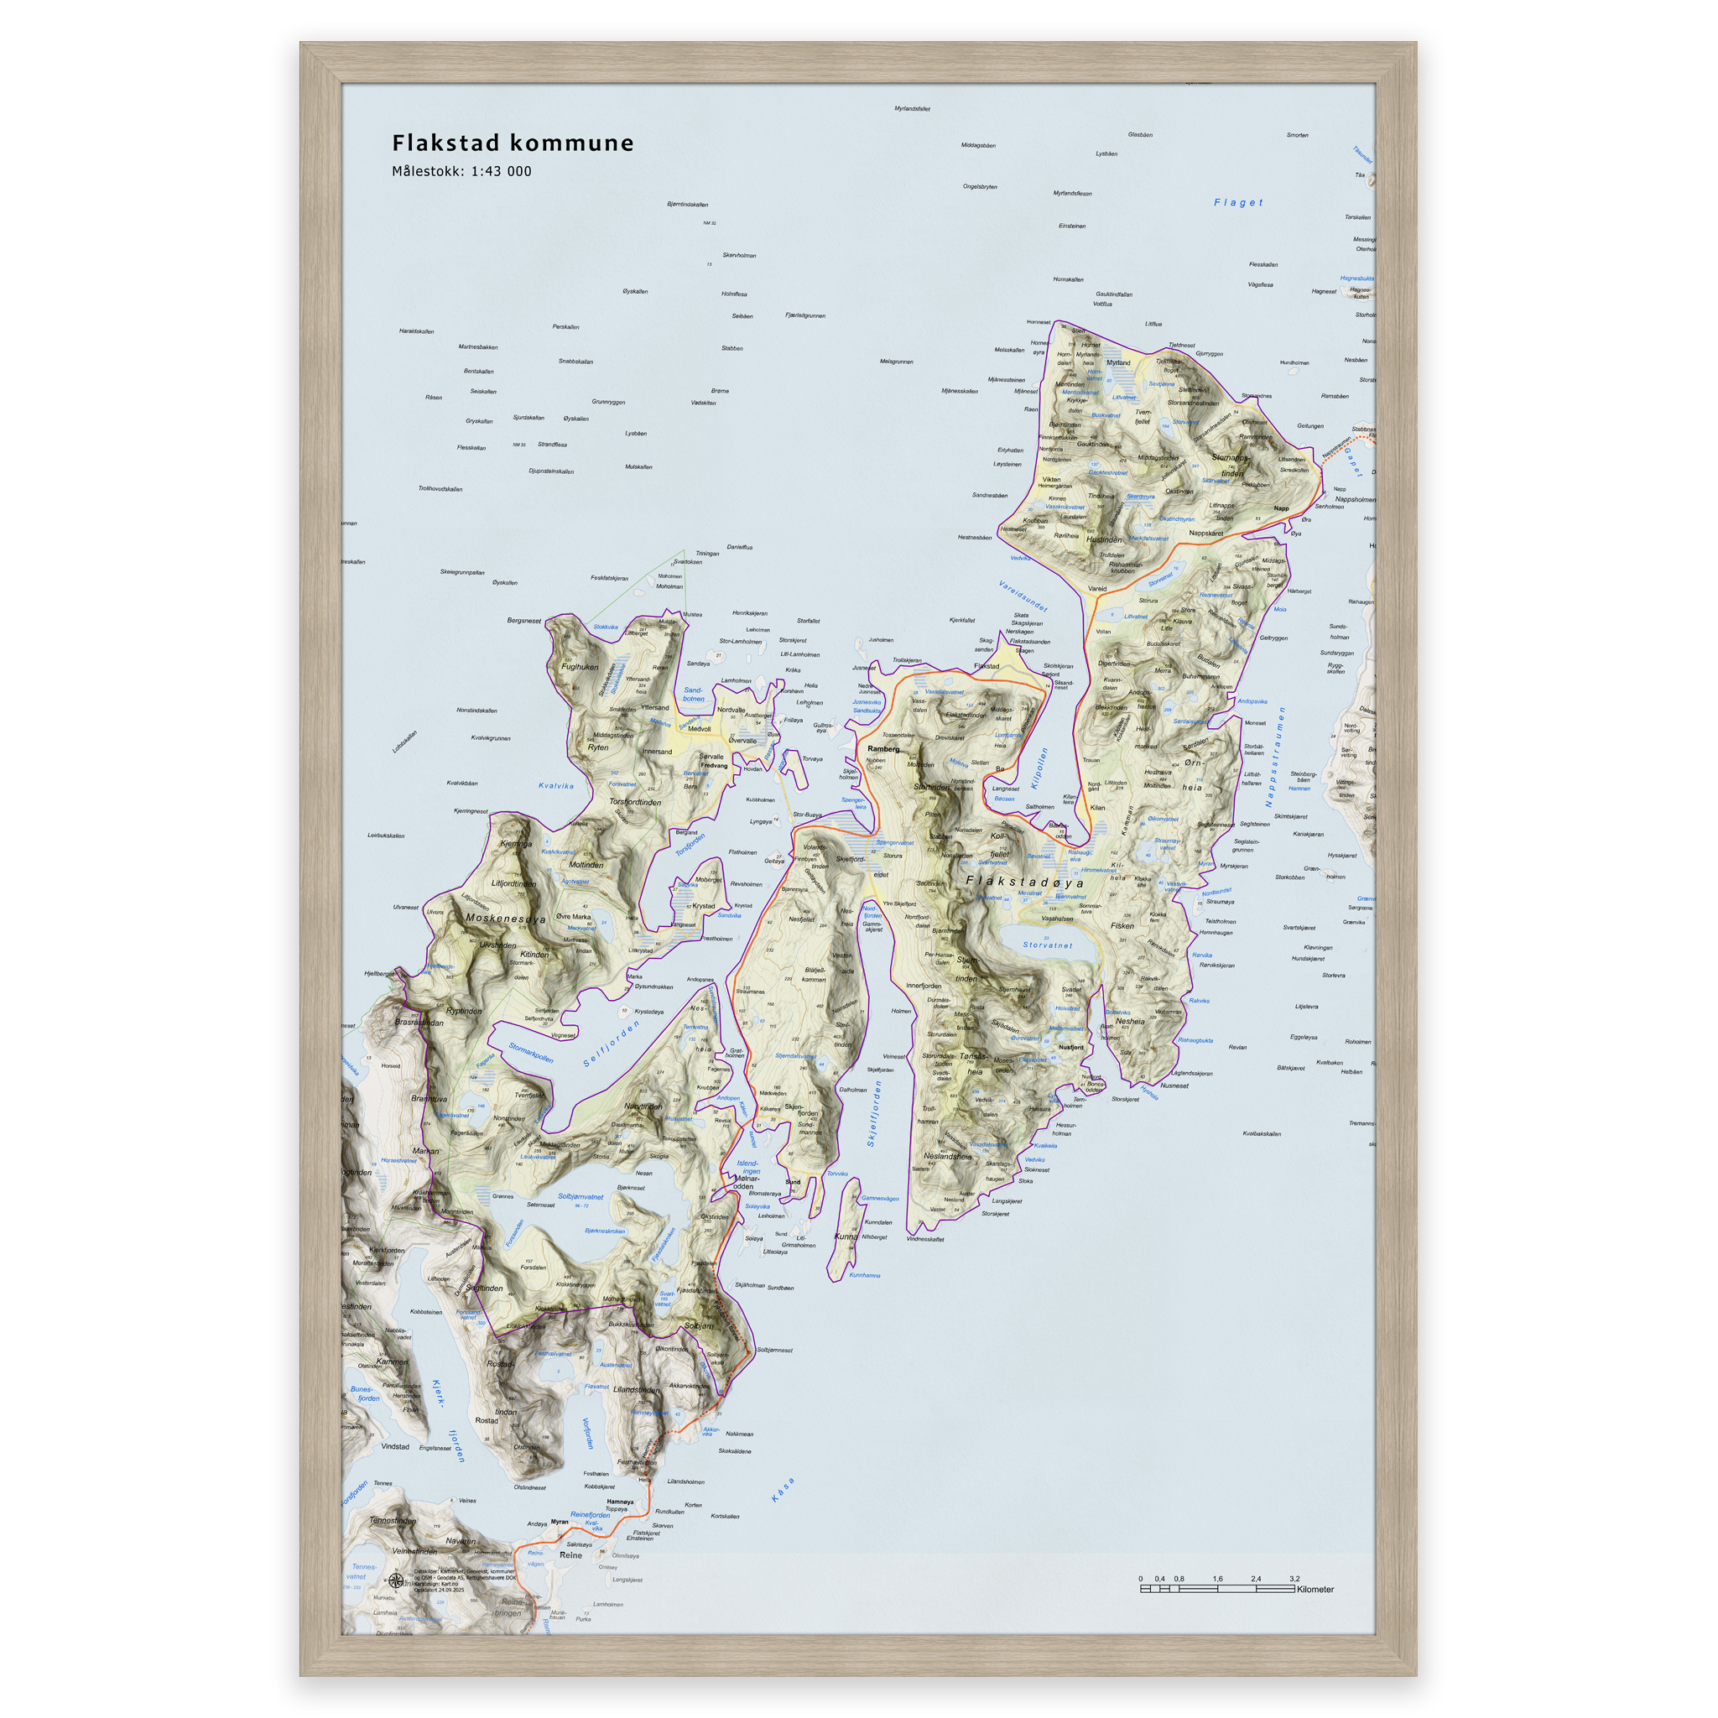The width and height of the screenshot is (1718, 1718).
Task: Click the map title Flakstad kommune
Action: coord(513,143)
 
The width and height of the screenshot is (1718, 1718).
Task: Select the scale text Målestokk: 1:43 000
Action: coord(461,172)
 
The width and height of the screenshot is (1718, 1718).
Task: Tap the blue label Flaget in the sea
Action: coord(1238,203)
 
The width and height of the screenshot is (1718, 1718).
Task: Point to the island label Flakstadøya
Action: coord(1024,883)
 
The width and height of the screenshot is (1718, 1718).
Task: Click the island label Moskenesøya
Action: coord(505,919)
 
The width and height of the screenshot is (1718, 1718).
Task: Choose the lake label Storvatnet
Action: coord(1047,945)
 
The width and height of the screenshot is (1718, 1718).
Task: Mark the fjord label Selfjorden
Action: coord(611,1044)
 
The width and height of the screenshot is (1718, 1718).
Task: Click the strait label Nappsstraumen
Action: coord(1275,757)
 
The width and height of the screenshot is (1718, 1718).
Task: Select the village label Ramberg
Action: coord(883,749)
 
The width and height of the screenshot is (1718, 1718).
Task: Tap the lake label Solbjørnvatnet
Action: coord(580,1197)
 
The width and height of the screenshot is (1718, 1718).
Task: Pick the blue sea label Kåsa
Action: coord(783,1490)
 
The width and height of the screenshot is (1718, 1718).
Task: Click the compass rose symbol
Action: coord(396,1580)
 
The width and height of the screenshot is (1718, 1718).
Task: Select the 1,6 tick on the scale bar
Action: coord(1217,1579)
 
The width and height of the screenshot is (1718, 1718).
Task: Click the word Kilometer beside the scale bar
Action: coord(1315,1589)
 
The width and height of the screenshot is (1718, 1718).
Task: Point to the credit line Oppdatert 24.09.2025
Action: coord(440,1589)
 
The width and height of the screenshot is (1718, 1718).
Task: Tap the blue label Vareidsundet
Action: coord(1023,596)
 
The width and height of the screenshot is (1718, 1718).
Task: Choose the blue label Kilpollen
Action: coord(1039,767)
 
